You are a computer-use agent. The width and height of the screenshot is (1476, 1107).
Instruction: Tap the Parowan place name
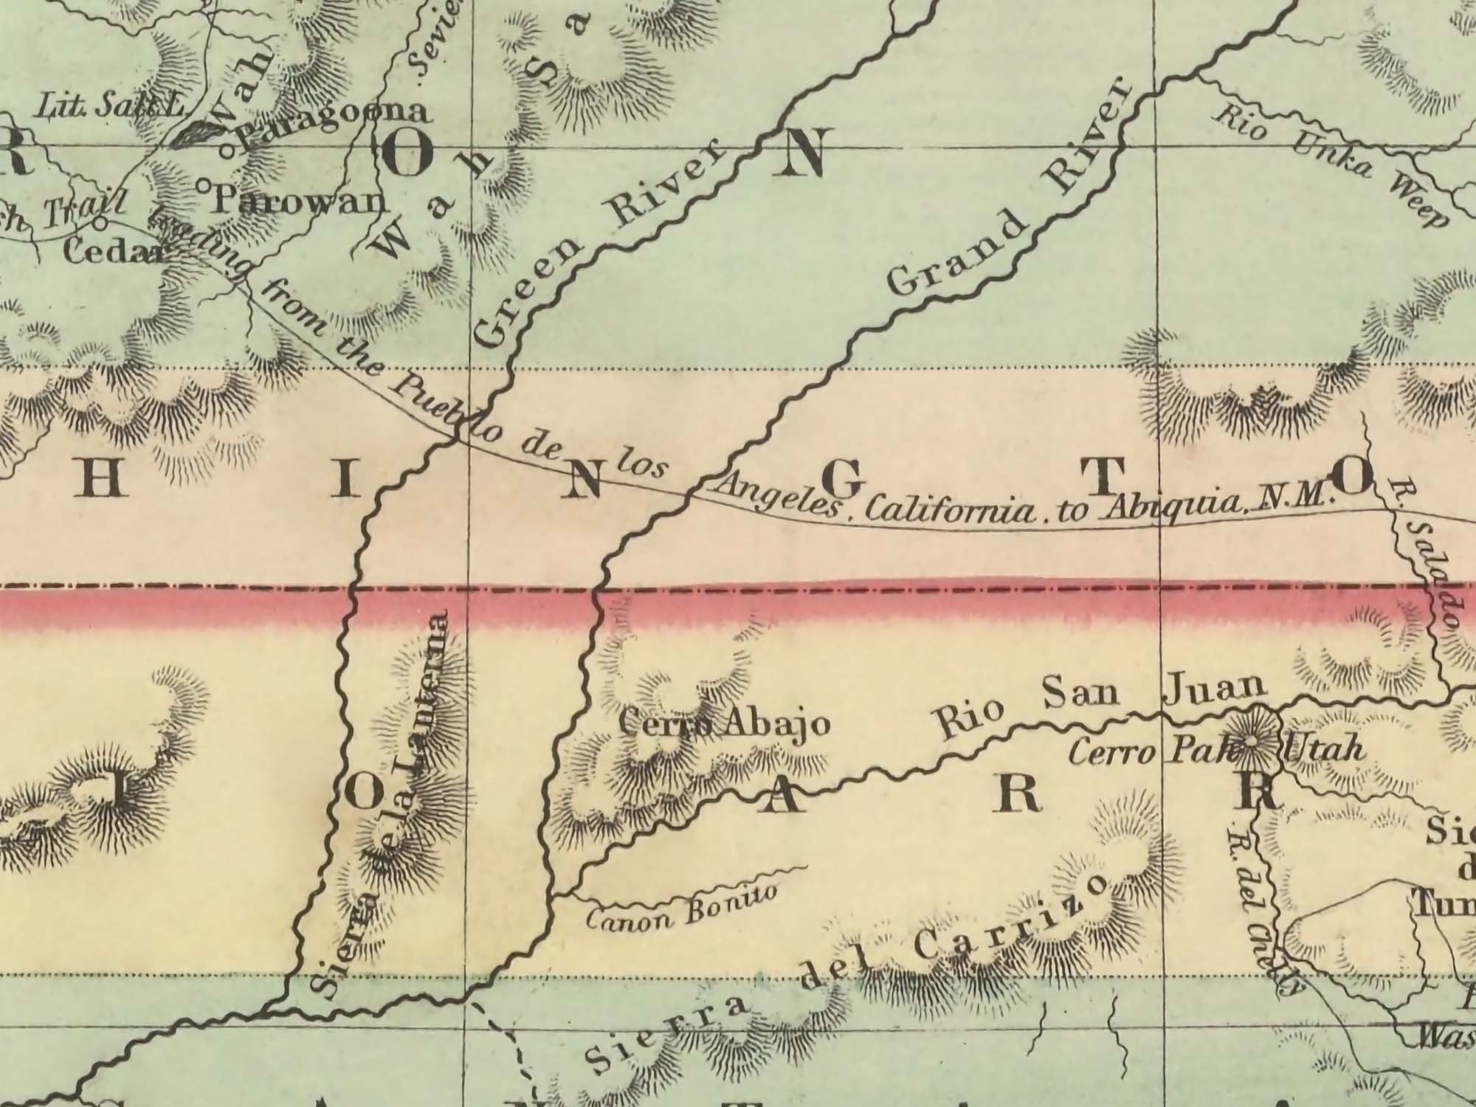pyautogui.click(x=300, y=201)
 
